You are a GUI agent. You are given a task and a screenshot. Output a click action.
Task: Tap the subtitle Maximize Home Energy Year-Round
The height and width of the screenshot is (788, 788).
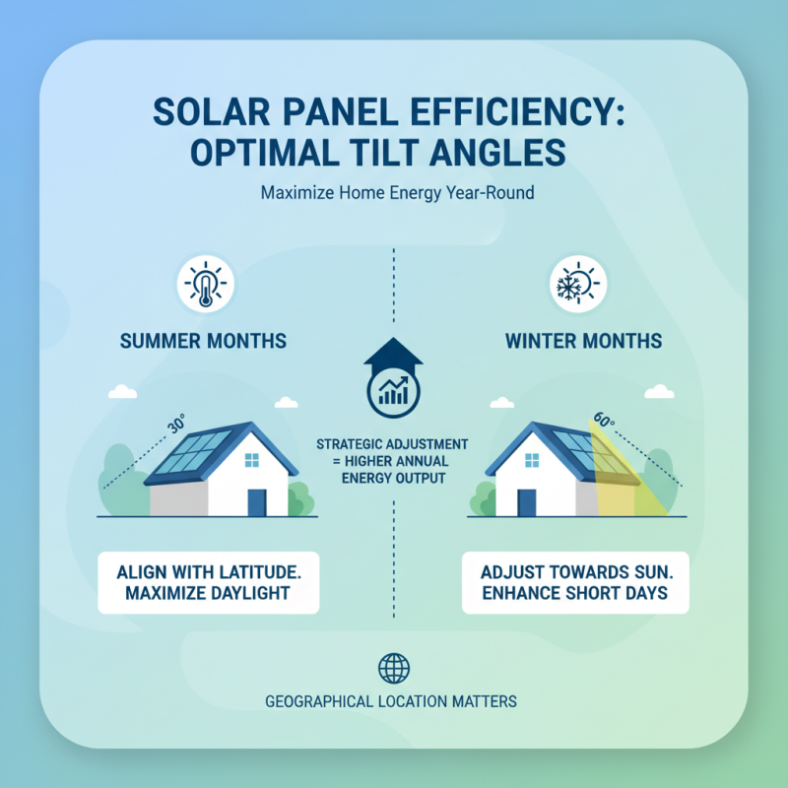point(397,193)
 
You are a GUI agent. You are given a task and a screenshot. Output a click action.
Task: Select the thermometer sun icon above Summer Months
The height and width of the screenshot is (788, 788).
point(205,284)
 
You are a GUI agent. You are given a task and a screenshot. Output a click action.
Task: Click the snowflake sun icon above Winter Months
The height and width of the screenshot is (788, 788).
point(578,284)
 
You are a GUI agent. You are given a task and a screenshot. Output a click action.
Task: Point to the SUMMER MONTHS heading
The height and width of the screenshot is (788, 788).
point(203,342)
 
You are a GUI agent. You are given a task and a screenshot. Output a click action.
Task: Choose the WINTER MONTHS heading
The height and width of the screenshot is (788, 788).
point(583,342)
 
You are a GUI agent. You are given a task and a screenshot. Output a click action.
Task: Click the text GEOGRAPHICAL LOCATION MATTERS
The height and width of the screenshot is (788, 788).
point(391,702)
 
